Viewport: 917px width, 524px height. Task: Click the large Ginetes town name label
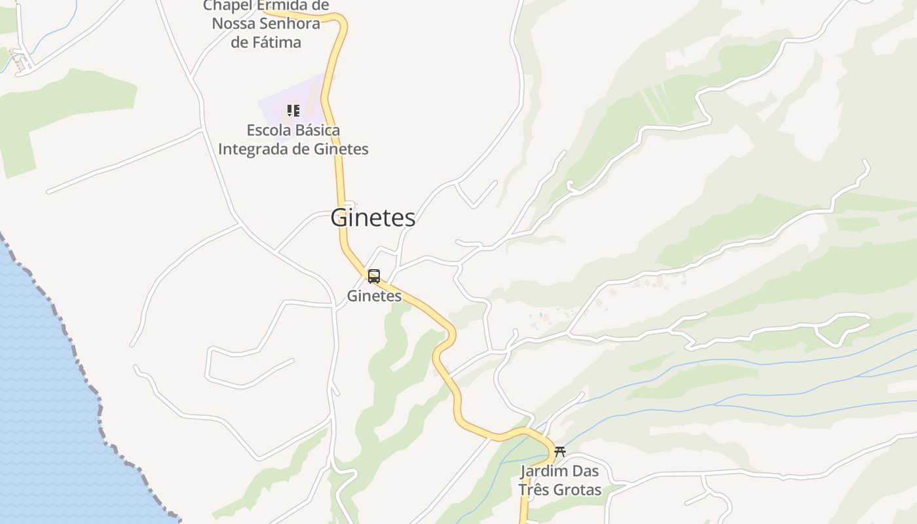click(x=373, y=218)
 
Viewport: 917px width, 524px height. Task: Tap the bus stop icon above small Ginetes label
click(x=373, y=276)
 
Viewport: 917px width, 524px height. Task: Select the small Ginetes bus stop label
click(x=374, y=296)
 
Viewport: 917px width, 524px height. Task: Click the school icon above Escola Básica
click(x=293, y=111)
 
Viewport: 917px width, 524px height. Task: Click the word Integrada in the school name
click(x=252, y=149)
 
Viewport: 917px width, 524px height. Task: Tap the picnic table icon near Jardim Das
click(x=559, y=451)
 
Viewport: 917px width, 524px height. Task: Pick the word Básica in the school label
click(x=317, y=130)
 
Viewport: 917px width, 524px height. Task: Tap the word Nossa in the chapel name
click(x=233, y=24)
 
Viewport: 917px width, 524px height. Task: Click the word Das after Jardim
click(x=586, y=471)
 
